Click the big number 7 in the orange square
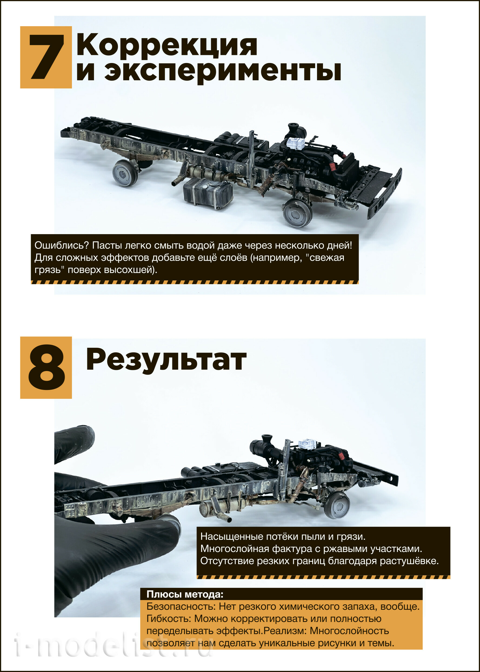(46, 57)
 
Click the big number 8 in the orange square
(46, 368)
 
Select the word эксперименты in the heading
(223, 72)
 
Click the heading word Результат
(166, 360)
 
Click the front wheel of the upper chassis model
(297, 212)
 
